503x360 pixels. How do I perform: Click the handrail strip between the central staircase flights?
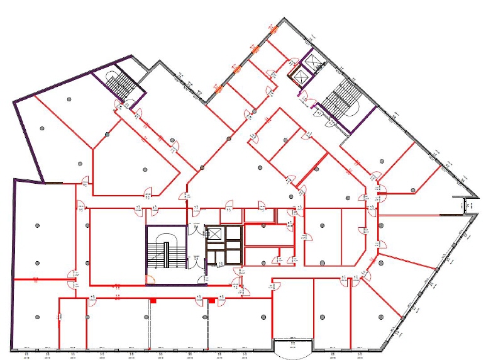(x=167, y=256)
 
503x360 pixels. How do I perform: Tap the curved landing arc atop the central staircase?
(x=167, y=238)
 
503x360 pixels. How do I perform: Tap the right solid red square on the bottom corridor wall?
(x=212, y=301)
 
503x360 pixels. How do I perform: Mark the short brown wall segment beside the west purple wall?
(x=53, y=183)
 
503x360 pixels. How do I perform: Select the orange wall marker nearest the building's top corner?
(x=274, y=29)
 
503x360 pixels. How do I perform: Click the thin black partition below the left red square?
(x=150, y=324)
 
